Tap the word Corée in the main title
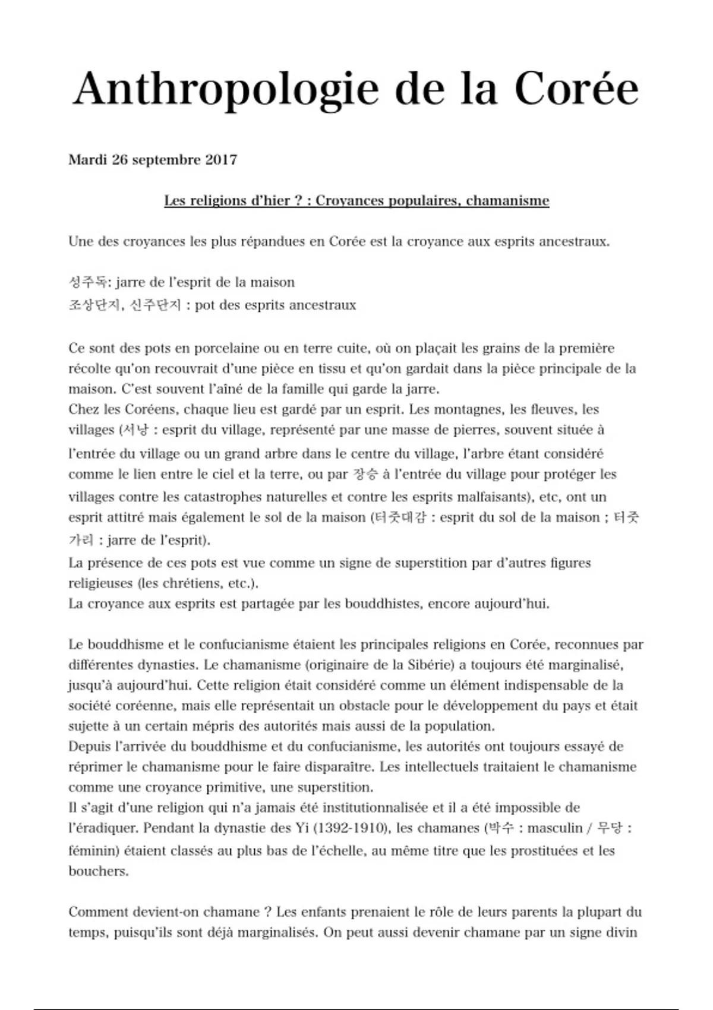point(576,89)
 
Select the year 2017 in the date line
point(221,160)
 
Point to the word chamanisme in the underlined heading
point(507,201)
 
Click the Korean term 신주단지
point(155,305)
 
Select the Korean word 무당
point(608,828)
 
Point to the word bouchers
point(98,872)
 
